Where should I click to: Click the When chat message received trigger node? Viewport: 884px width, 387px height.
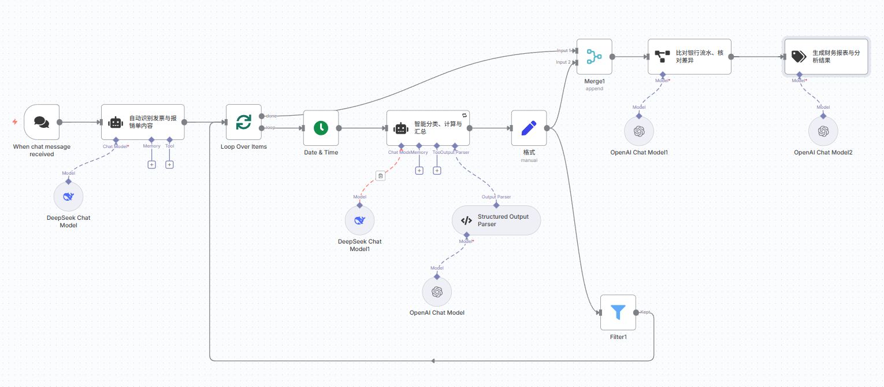coord(42,122)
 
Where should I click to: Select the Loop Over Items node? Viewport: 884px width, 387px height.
coord(243,122)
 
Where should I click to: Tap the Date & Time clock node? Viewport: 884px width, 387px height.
coord(321,128)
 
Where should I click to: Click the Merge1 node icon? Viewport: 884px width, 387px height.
coord(594,57)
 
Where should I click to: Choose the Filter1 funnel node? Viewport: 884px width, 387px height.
coord(618,312)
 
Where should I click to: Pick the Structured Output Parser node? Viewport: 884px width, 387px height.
coord(496,220)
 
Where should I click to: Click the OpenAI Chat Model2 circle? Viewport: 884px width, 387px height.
coord(823,131)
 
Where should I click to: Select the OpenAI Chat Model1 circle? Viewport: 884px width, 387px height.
coord(638,131)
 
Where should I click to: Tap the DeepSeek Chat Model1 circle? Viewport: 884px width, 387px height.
coord(359,220)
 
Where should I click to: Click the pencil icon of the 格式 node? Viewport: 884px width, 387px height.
coord(529,128)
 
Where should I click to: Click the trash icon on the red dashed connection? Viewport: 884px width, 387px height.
coord(380,176)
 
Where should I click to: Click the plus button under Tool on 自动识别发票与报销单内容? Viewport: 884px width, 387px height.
coord(169,164)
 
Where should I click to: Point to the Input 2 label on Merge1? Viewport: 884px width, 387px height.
coord(563,62)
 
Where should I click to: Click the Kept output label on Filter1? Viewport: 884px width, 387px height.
coord(645,312)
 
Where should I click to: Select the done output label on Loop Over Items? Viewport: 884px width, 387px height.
coord(271,116)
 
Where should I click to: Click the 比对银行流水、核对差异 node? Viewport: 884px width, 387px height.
coord(689,57)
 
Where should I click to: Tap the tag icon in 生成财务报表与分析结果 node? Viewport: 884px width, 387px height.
coord(798,57)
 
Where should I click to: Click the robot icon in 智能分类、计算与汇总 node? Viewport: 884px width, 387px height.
coord(400,128)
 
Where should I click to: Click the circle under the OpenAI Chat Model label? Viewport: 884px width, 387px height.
coord(437,292)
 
